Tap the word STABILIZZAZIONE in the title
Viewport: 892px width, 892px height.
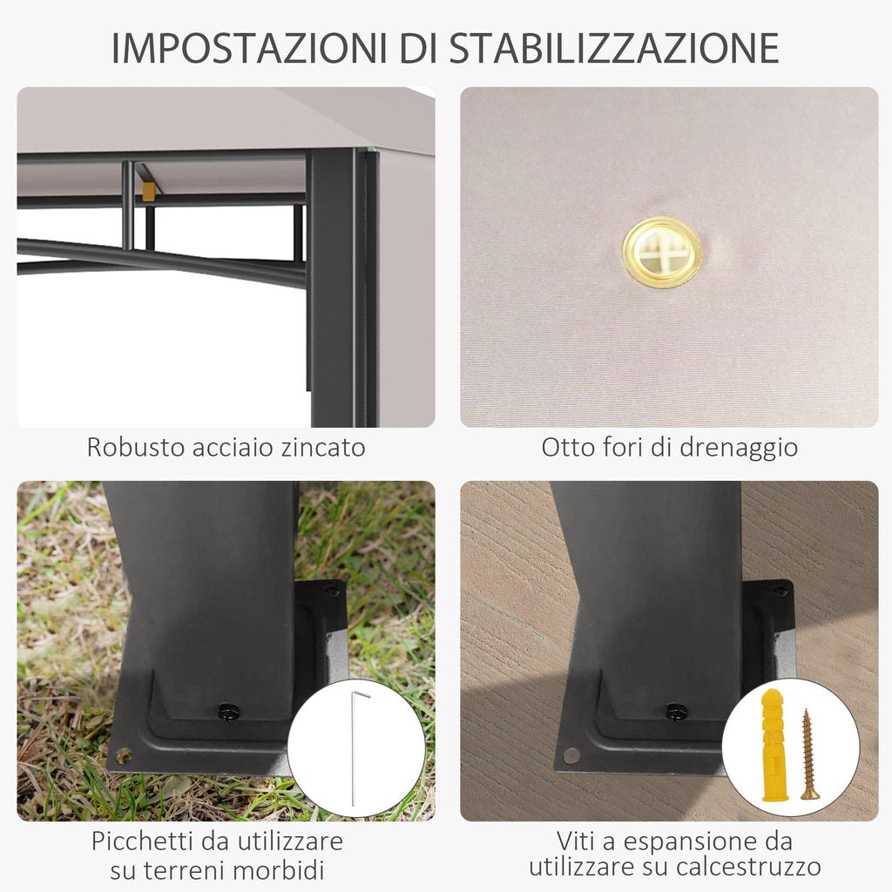(x=614, y=49)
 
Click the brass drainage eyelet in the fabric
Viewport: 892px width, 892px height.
(x=662, y=252)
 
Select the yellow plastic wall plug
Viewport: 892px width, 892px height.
(x=774, y=745)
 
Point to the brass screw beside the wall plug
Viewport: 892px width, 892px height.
(x=809, y=754)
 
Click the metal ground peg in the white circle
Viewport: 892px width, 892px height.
(x=358, y=747)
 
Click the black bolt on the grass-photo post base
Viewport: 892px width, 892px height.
(x=229, y=711)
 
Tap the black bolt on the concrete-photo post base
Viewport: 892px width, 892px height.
(x=676, y=711)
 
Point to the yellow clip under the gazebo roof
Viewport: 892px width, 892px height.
(x=149, y=192)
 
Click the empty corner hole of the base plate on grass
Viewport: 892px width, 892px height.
(x=123, y=756)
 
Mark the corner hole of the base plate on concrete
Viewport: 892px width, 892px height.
(x=571, y=755)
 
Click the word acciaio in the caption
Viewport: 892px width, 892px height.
(x=233, y=447)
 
